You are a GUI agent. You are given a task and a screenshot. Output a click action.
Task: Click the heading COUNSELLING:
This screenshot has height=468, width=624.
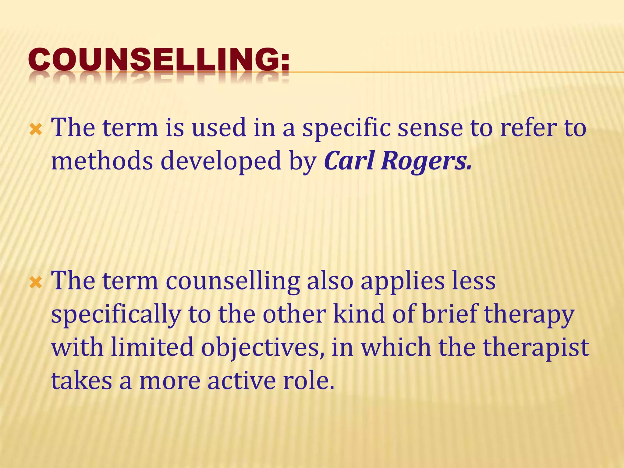click(159, 59)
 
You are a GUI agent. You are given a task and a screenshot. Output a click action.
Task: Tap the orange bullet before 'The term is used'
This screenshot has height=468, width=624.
click(36, 130)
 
